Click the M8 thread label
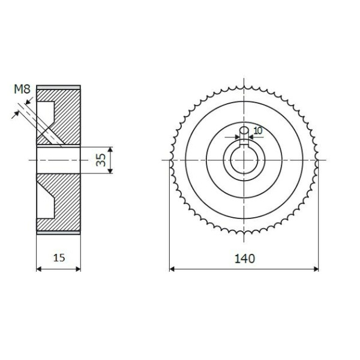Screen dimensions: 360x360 point(22,89)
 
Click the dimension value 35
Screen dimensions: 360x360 point(101,160)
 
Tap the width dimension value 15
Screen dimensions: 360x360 point(59,258)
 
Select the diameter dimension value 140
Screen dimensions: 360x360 point(245,259)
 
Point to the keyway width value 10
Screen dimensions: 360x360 point(258,131)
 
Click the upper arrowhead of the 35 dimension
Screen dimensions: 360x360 point(110,149)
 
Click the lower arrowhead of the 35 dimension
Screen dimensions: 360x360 point(110,170)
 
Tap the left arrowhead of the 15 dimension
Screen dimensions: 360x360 point(39,269)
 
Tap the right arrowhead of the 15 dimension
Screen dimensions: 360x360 point(78,269)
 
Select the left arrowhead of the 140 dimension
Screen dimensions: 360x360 point(172,269)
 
